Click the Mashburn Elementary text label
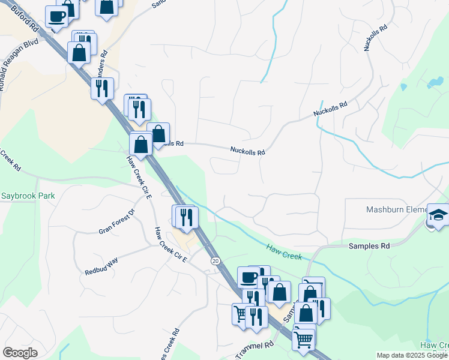click(x=396, y=209)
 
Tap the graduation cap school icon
click(x=438, y=215)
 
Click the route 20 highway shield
click(x=215, y=261)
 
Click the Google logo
click(x=20, y=353)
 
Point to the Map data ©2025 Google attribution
click(x=412, y=355)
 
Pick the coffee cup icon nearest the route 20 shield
click(x=248, y=278)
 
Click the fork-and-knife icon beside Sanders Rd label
click(x=102, y=88)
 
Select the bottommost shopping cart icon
click(x=303, y=339)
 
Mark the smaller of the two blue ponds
click(x=403, y=87)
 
